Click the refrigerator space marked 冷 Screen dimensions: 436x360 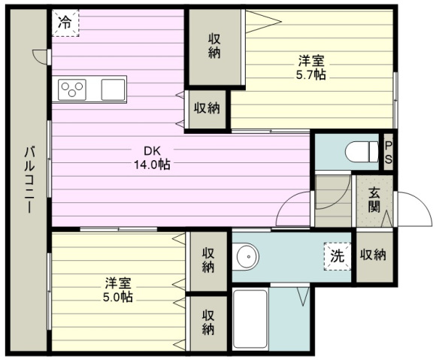[65, 23]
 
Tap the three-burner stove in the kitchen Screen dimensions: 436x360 [72, 89]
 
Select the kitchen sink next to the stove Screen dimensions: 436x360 [113, 89]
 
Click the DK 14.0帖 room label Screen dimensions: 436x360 [152, 158]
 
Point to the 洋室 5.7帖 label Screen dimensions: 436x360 [311, 68]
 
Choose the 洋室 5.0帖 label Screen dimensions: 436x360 [118, 289]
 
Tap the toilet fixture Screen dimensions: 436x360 [362, 152]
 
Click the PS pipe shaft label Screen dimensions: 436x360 [389, 153]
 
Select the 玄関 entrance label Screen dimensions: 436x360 [374, 200]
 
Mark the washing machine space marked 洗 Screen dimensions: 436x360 [338, 256]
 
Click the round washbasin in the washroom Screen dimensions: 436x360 [246, 256]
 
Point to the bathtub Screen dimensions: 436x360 [250, 319]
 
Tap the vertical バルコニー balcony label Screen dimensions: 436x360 [29, 180]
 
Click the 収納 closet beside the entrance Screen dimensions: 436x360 [373, 255]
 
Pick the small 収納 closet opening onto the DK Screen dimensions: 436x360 [207, 108]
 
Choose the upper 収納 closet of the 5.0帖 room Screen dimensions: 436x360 [208, 261]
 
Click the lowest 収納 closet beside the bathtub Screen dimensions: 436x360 [208, 322]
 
